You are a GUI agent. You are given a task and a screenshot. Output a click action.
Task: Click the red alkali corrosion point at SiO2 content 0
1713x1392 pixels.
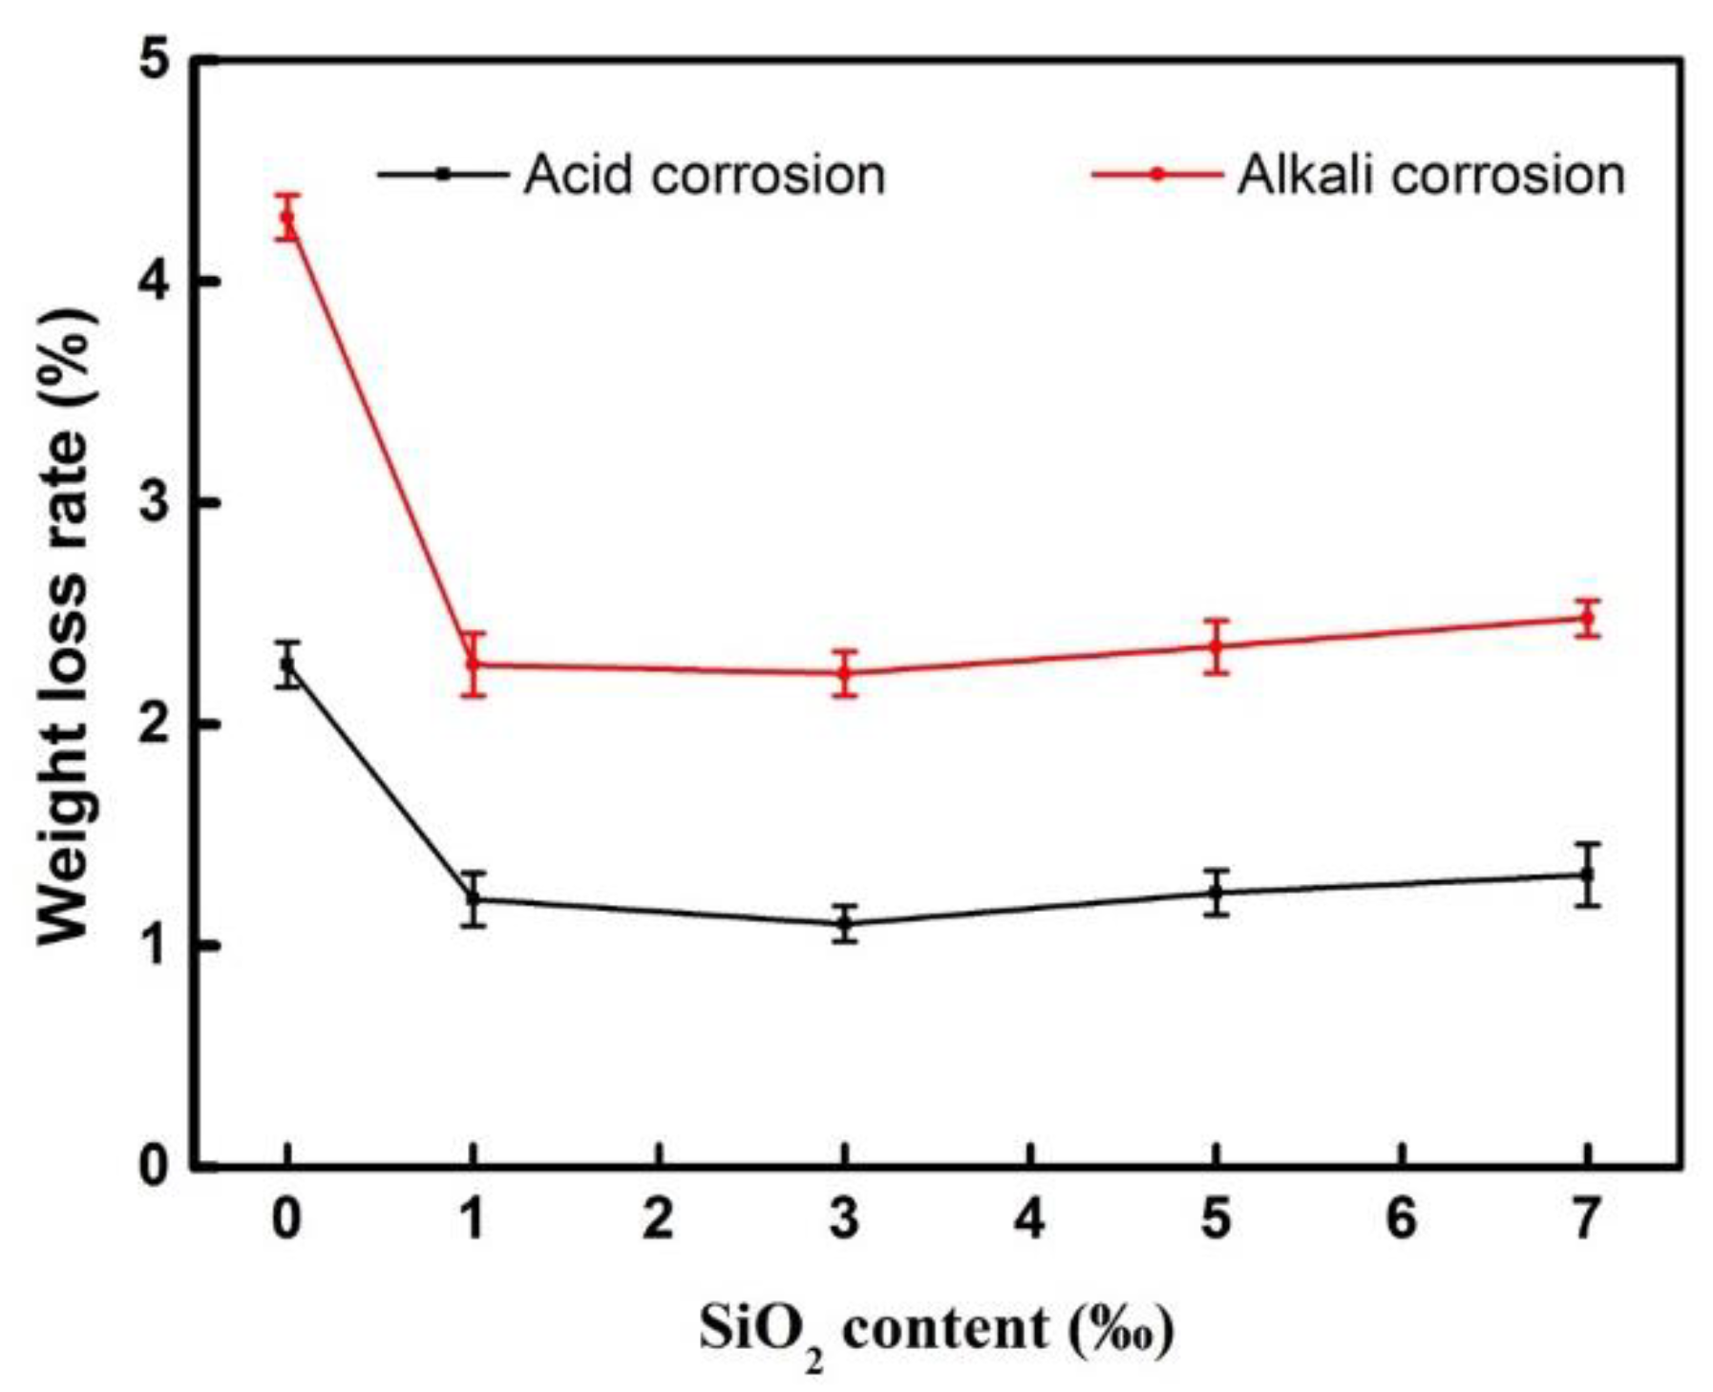click(x=287, y=218)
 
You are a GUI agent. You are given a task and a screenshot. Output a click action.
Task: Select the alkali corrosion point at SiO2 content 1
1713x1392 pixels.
click(x=474, y=663)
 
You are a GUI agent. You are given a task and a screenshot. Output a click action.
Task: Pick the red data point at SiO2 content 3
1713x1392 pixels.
click(x=844, y=672)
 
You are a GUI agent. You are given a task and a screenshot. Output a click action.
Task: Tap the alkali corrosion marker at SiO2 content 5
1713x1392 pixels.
click(x=1216, y=646)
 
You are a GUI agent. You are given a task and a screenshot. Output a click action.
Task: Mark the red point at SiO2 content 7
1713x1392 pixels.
click(x=1587, y=618)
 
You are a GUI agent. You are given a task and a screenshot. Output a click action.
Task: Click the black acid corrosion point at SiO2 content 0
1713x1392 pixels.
click(x=287, y=664)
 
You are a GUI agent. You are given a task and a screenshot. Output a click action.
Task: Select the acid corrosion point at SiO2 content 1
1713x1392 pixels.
click(x=474, y=898)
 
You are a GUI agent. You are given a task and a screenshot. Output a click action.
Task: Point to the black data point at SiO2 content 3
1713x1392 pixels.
click(x=844, y=923)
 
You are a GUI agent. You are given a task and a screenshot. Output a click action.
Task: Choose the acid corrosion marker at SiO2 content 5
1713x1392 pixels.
click(x=1216, y=893)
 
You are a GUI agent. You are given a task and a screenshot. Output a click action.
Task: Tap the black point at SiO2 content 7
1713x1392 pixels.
click(x=1587, y=874)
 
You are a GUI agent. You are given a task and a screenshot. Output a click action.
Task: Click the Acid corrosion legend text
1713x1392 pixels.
click(x=705, y=176)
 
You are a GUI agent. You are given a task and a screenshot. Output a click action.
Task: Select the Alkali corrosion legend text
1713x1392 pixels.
click(x=1430, y=176)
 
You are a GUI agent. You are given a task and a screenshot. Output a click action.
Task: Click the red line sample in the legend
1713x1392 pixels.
click(x=1157, y=175)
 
